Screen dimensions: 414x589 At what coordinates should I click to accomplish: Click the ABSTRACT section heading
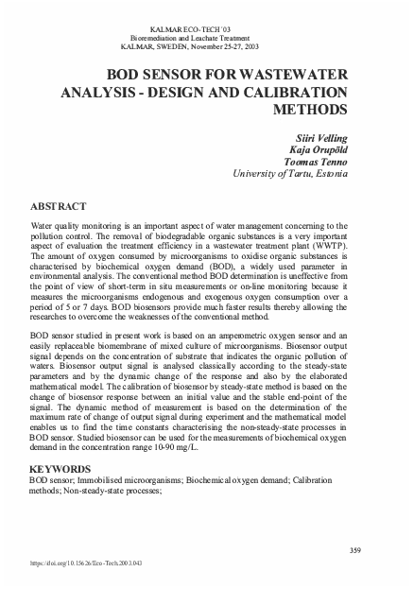60,206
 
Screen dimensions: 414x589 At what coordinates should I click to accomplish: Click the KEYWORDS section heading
60,469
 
